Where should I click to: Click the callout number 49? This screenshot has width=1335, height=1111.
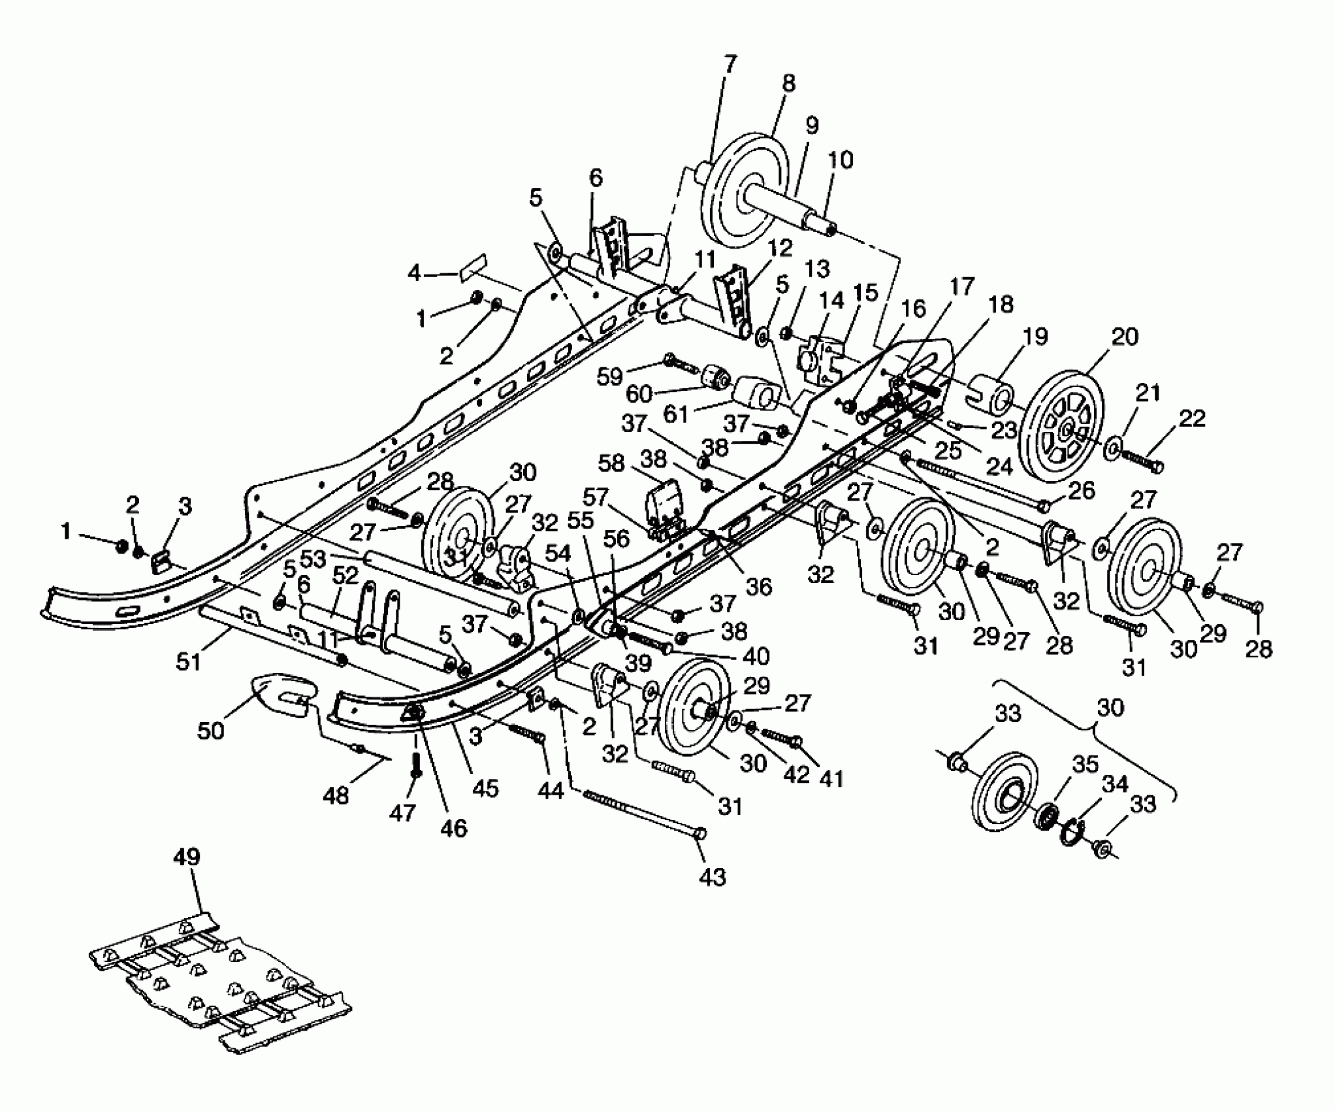click(x=187, y=857)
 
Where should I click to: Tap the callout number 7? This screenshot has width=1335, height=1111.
click(x=730, y=65)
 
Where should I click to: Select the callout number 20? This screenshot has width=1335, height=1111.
click(x=1123, y=337)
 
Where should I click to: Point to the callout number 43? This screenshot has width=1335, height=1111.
click(x=712, y=877)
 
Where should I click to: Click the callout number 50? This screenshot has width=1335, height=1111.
click(x=210, y=730)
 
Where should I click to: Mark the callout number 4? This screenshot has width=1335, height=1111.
click(x=414, y=273)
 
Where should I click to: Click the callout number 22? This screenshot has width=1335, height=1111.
click(x=1191, y=418)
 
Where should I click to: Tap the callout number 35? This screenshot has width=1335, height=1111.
click(x=1085, y=765)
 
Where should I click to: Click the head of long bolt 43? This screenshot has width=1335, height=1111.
click(x=700, y=833)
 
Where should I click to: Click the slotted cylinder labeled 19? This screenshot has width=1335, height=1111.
click(x=993, y=393)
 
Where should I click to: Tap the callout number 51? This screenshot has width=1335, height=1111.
click(x=189, y=662)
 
